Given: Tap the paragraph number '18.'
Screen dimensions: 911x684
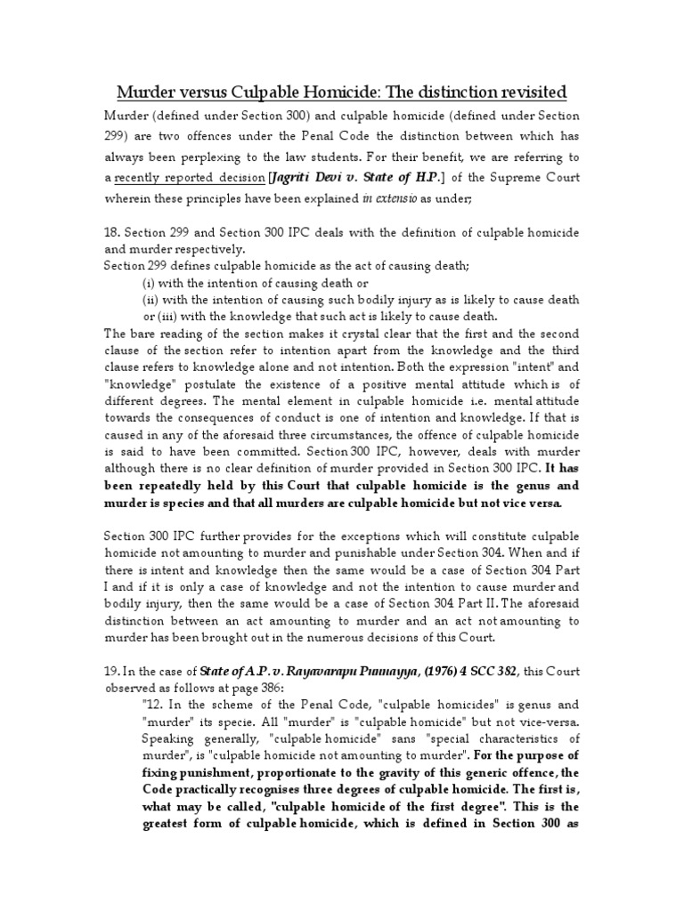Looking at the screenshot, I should pyautogui.click(x=113, y=232).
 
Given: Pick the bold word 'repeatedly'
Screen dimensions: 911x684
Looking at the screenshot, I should pyautogui.click(x=174, y=486).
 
